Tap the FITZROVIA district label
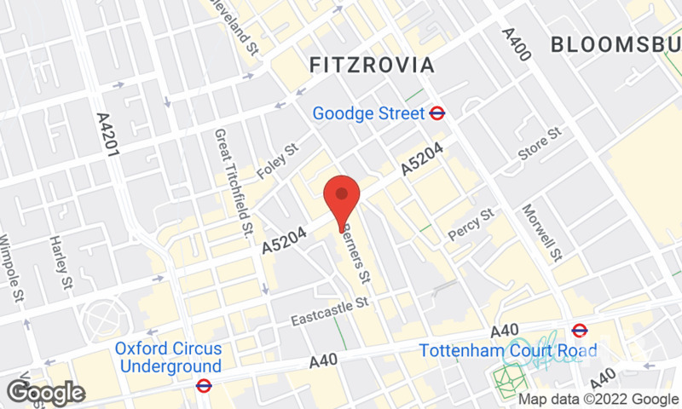pyautogui.click(x=371, y=65)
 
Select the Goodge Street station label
pyautogui.click(x=368, y=112)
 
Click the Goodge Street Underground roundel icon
pyautogui.click(x=438, y=112)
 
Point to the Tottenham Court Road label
pyautogui.click(x=487, y=349)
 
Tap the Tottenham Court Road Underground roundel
pyautogui.click(x=580, y=330)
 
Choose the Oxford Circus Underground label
pyautogui.click(x=169, y=358)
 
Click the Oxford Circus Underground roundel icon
pyautogui.click(x=203, y=386)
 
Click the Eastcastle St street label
pyautogui.click(x=328, y=311)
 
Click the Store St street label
pyautogui.click(x=540, y=144)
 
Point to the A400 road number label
pyautogui.click(x=517, y=44)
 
